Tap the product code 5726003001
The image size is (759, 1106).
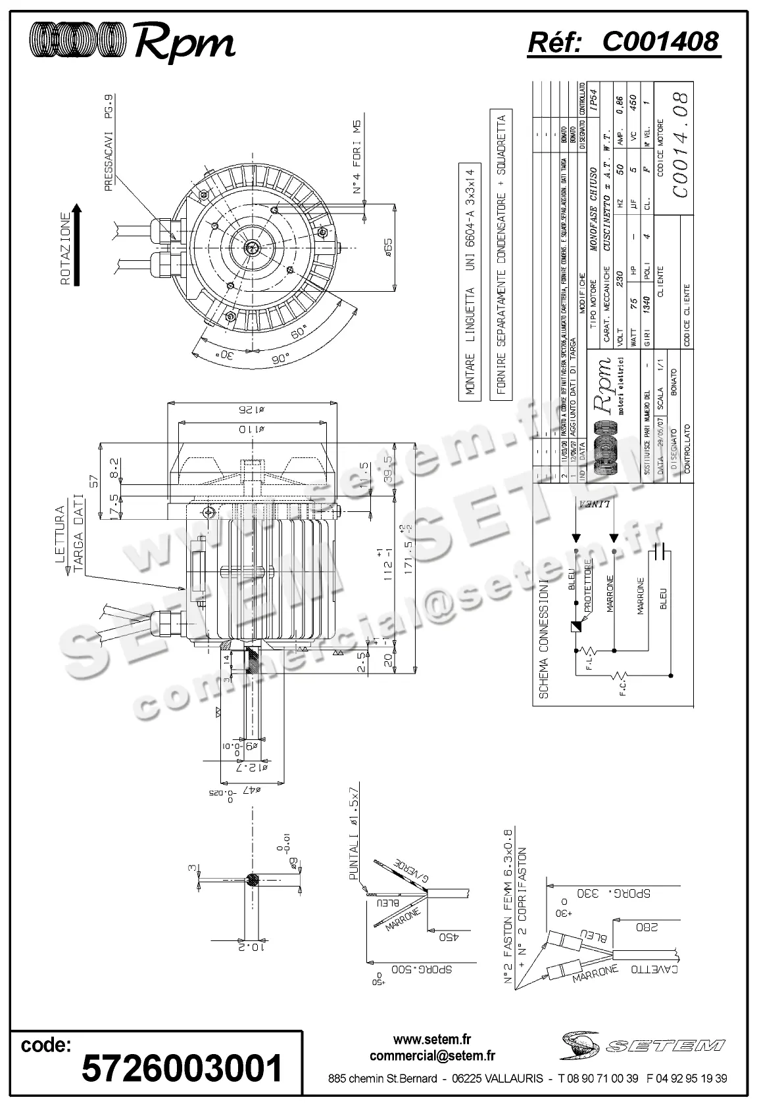point(182,1068)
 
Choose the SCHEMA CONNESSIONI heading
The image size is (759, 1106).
point(544,639)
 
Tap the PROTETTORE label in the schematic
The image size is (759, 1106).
point(588,586)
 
